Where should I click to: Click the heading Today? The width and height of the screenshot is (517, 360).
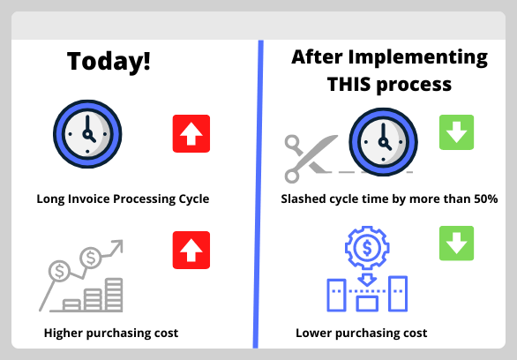tap(109, 63)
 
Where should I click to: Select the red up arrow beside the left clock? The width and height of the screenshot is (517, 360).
tap(191, 134)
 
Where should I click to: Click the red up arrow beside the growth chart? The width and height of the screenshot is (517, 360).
tap(191, 250)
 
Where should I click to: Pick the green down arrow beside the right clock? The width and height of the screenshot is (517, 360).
tap(456, 132)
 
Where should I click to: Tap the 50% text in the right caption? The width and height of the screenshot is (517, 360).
tap(483, 199)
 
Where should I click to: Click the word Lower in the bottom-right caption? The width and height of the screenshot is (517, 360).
tap(313, 333)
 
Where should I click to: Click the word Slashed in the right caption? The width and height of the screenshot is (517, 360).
tap(303, 199)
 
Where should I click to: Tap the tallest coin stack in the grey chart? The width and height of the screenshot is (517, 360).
tap(114, 293)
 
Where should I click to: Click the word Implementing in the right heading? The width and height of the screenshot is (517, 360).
tap(424, 59)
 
